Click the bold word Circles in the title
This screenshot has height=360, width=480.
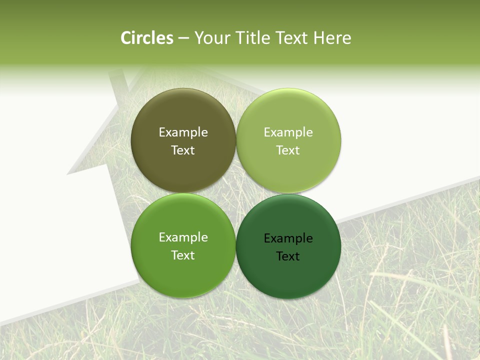pos(147,38)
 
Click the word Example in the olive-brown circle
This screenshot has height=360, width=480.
pos(183,132)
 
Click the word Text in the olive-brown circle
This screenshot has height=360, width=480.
pos(183,150)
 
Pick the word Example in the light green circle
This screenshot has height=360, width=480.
pos(288,132)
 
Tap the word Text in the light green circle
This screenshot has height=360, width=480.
pos(288,150)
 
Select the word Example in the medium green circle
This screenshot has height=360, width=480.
pos(183,237)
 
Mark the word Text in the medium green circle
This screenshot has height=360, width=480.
pos(183,255)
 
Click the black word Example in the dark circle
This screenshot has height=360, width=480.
pos(288,238)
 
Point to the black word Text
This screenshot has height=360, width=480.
pos(288,256)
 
